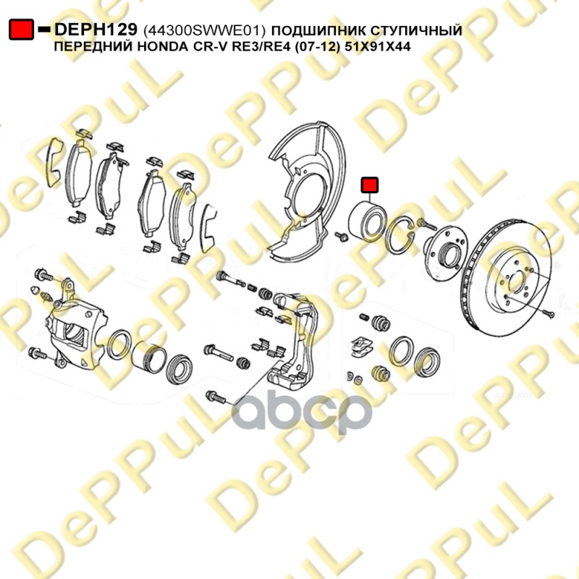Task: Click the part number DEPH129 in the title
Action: [x=96, y=29]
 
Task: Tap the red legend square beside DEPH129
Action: [x=22, y=30]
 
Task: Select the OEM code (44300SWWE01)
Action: [x=204, y=30]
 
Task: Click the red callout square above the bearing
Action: [x=370, y=185]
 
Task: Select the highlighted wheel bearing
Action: [x=367, y=221]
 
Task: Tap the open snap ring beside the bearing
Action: [x=401, y=234]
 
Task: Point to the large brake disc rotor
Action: [x=506, y=278]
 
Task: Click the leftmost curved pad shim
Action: [x=54, y=161]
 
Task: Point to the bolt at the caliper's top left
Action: [x=43, y=275]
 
